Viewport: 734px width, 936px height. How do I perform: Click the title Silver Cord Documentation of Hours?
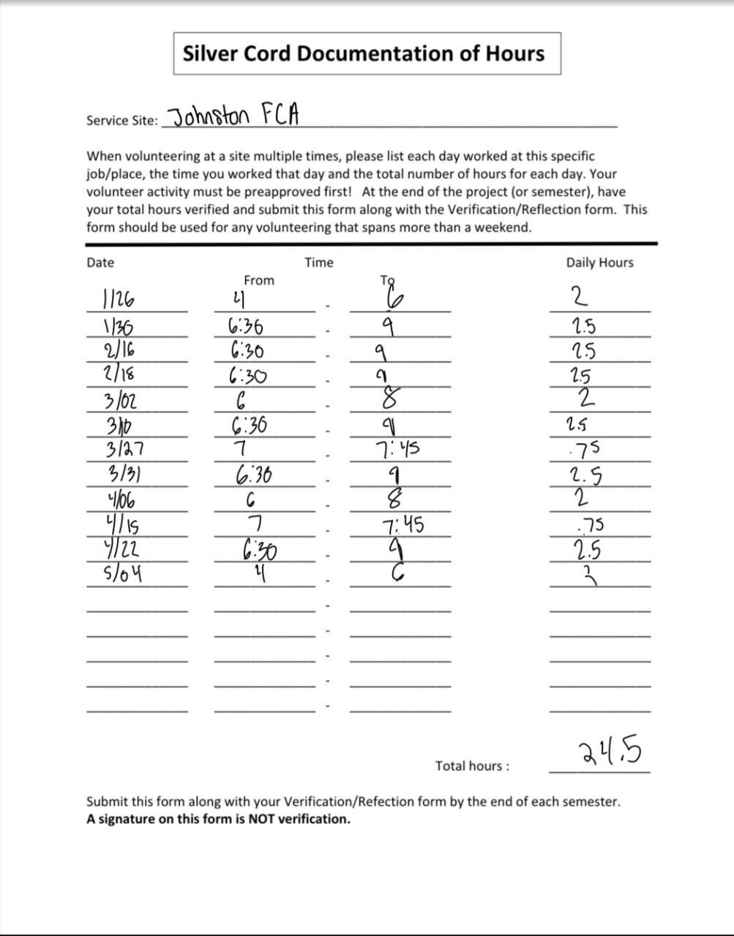click(x=364, y=53)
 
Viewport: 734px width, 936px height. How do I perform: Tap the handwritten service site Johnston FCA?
click(x=233, y=116)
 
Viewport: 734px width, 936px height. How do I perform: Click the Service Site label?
click(x=121, y=121)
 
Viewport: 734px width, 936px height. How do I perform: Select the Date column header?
click(x=100, y=263)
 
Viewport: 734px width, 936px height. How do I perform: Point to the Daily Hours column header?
click(x=599, y=263)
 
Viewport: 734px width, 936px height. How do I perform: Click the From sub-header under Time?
click(x=259, y=280)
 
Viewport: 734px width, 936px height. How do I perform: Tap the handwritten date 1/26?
click(x=119, y=299)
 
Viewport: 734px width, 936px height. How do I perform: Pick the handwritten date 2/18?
click(x=119, y=375)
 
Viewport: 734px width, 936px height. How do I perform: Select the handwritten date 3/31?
click(x=124, y=475)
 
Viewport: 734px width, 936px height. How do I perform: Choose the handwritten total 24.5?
click(x=610, y=752)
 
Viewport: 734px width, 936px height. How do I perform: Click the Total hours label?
click(x=472, y=766)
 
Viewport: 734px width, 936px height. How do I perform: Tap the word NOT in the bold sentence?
click(x=262, y=819)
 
